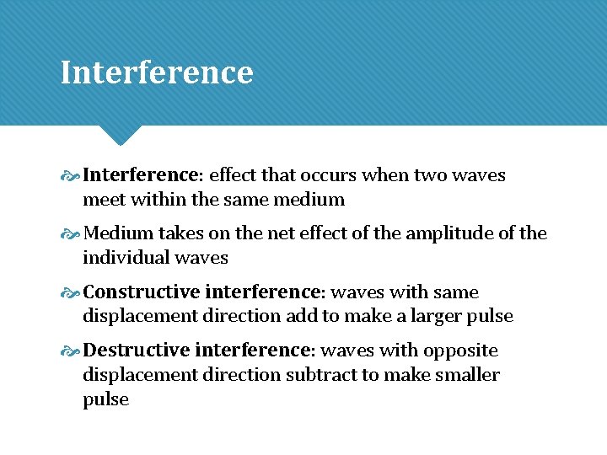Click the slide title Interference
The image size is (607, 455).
(157, 72)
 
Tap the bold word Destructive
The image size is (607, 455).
(137, 351)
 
